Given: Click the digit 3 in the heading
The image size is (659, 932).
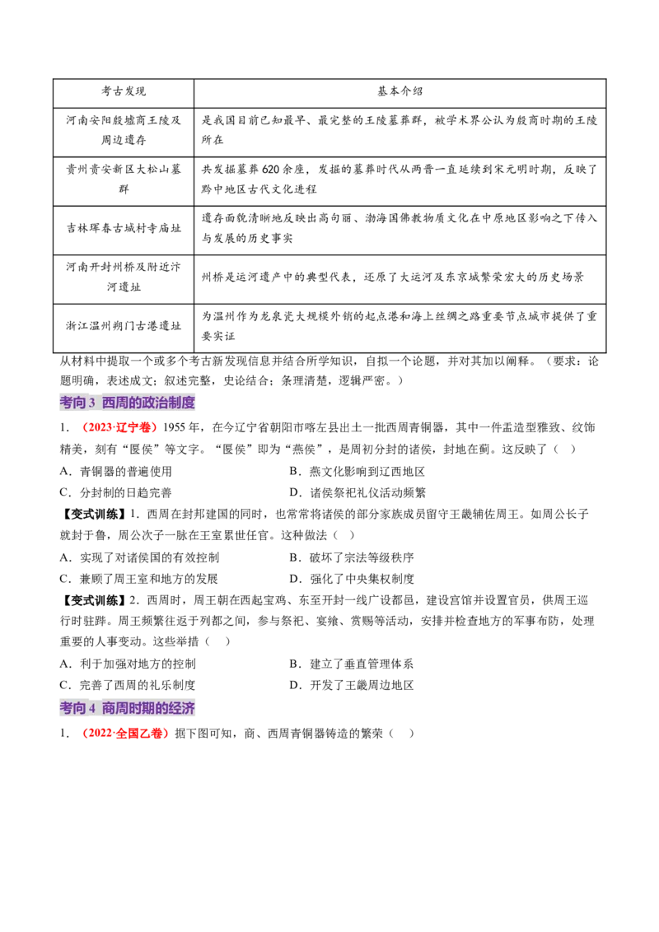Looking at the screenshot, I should click(91, 403).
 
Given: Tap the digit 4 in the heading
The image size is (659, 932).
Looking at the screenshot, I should click(91, 708).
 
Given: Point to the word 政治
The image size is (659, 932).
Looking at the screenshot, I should click(156, 403).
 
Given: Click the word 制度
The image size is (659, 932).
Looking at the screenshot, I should click(182, 403).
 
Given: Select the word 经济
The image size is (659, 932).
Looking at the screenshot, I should click(182, 708).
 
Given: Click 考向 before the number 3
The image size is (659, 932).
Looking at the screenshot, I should click(72, 403).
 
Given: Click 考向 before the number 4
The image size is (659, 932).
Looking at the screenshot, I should click(72, 708).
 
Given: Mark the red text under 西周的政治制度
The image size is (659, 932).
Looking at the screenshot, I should click(119, 428).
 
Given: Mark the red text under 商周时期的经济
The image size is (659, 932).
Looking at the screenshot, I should click(125, 734).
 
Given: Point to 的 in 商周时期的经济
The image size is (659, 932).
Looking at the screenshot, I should click(162, 708).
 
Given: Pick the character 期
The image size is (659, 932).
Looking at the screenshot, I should click(149, 708).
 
